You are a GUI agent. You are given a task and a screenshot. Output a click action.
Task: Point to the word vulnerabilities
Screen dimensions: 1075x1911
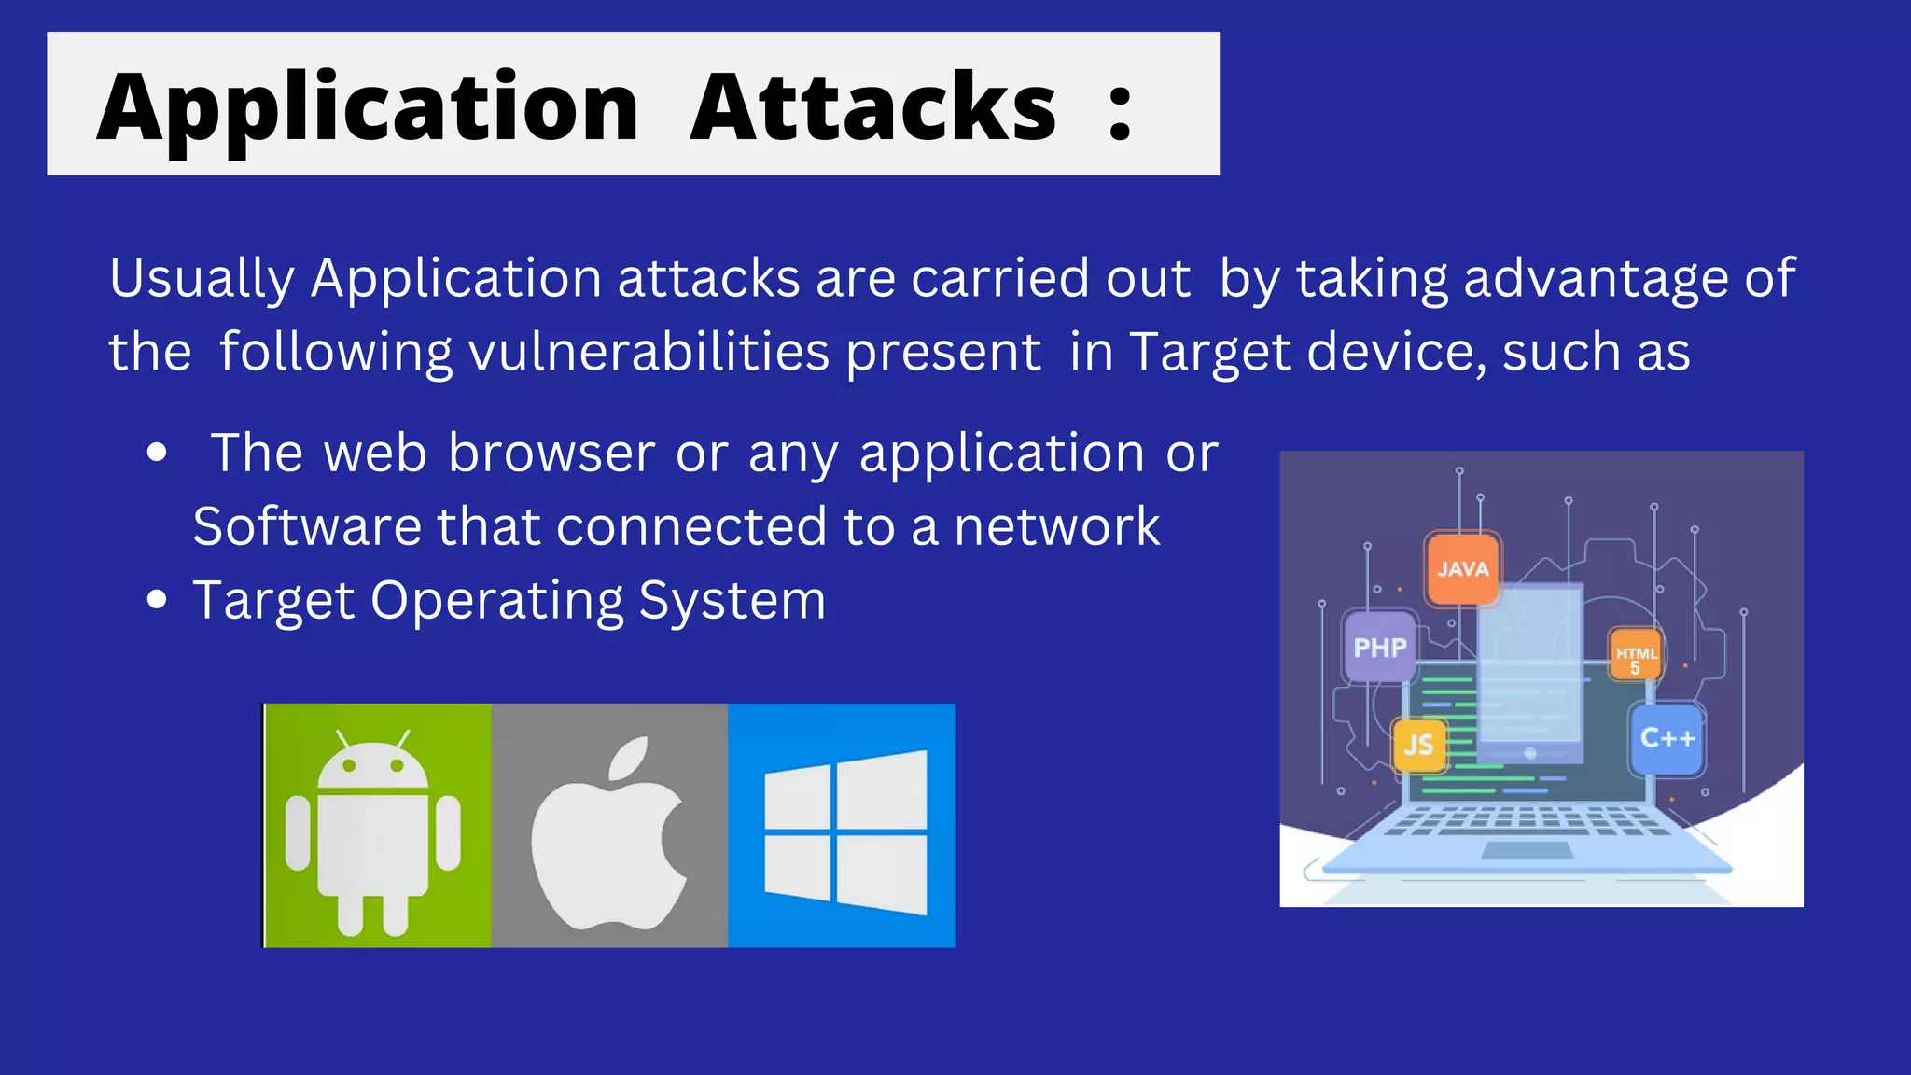649,352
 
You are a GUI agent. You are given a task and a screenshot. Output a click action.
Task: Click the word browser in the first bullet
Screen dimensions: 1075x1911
551,454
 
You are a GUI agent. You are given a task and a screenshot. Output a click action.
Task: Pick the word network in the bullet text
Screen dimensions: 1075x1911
1056,526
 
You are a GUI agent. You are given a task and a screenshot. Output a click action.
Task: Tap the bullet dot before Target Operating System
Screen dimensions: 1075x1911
157,599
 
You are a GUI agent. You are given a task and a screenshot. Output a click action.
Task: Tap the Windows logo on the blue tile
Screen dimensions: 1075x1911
845,831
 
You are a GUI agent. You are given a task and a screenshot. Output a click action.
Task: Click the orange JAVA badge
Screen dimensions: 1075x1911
1462,568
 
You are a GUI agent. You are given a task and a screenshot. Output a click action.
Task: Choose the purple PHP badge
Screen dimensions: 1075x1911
1379,647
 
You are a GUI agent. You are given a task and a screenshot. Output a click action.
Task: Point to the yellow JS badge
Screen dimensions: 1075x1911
1418,745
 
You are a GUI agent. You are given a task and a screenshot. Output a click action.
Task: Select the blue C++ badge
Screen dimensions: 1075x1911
1667,738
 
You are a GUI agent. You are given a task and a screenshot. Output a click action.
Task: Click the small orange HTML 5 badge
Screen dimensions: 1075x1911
1636,657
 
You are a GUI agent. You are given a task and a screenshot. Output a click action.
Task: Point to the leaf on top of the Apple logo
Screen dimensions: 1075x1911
630,757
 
